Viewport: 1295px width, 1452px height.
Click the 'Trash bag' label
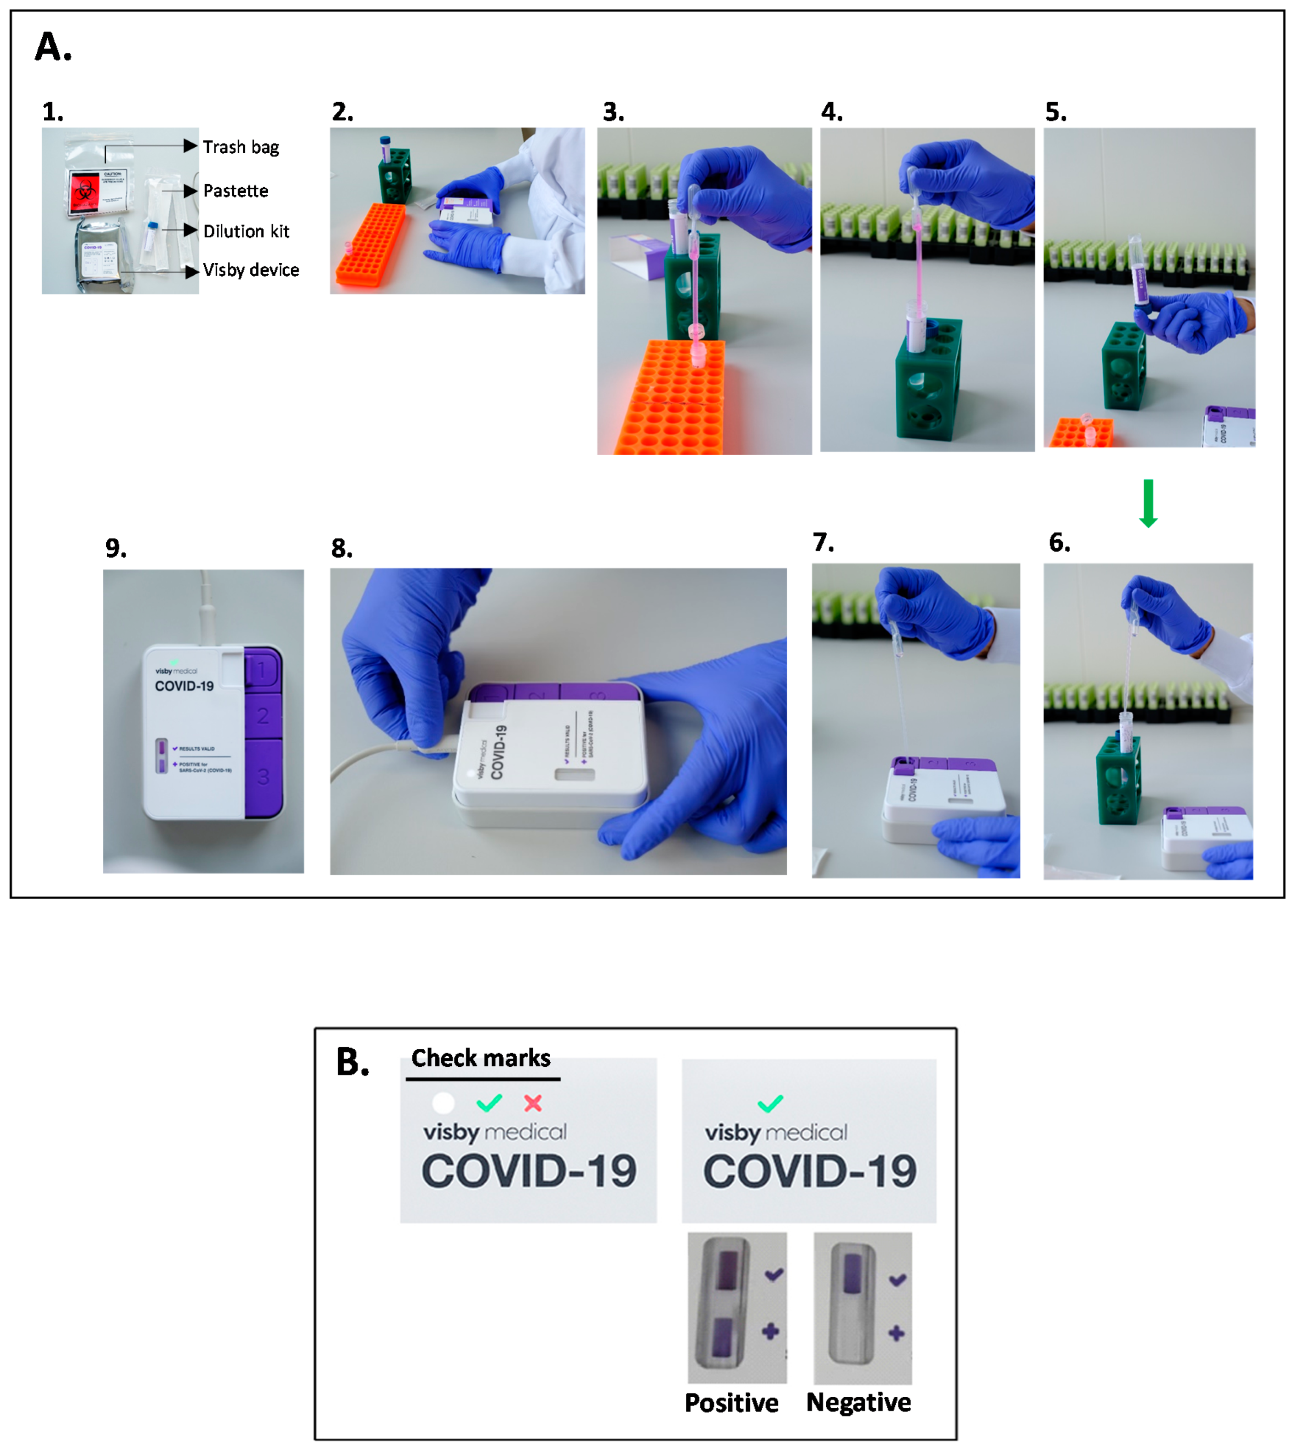coord(241,147)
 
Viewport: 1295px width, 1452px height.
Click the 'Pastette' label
coord(236,191)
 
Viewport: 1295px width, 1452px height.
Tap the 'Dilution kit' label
coord(246,231)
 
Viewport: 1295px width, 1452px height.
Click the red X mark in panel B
coord(533,1103)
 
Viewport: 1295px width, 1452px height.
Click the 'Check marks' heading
coord(481,1059)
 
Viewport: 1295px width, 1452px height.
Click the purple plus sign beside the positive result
coord(770,1331)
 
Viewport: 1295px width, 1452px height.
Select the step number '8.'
coord(341,549)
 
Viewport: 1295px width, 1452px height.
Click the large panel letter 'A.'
coord(53,48)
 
